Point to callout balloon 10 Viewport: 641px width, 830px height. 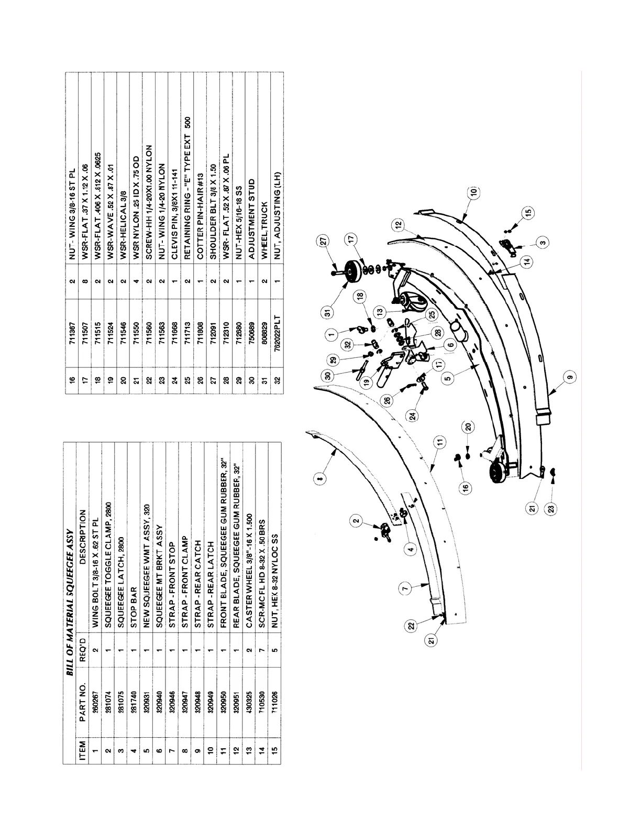473,192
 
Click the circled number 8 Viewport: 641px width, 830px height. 321,476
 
